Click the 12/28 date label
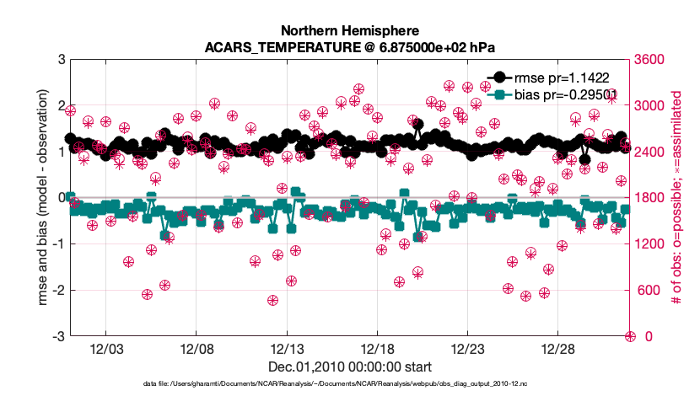click(x=558, y=349)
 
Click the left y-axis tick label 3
click(x=59, y=60)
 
